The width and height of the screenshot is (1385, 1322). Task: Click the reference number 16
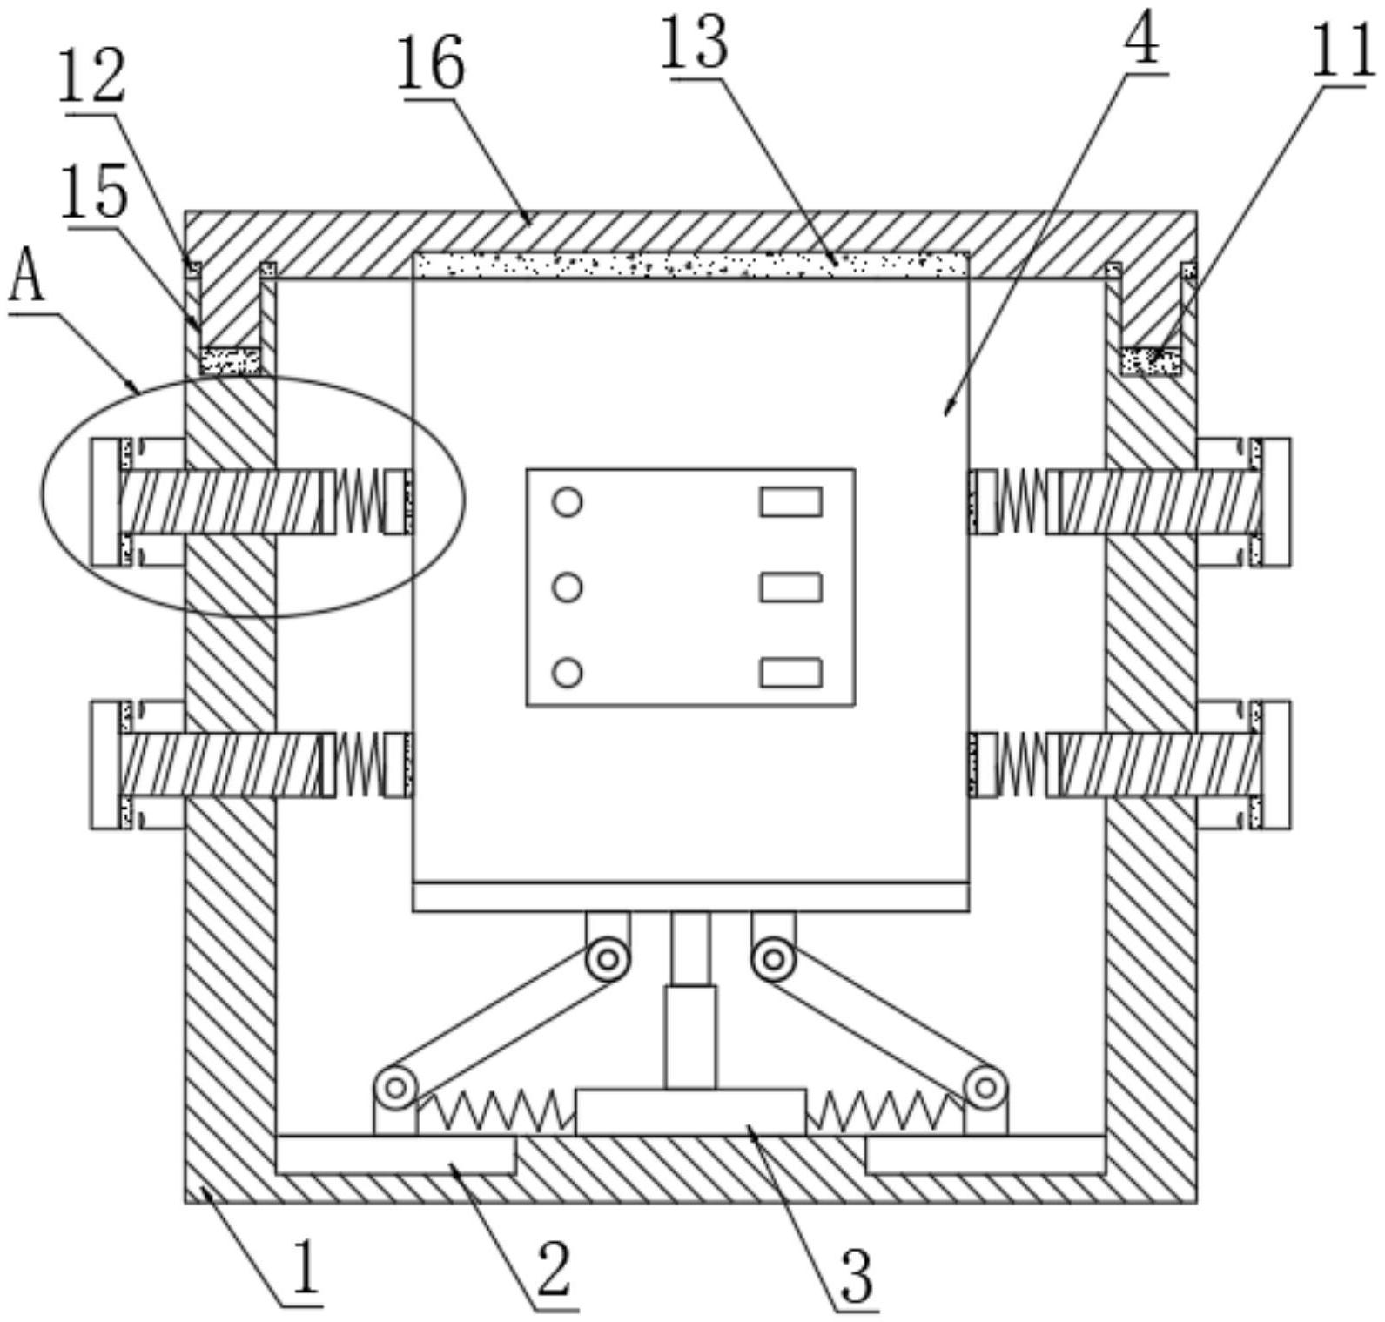coord(431,64)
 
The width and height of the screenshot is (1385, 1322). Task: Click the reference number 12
coord(93,79)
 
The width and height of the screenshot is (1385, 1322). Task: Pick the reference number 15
coord(95,192)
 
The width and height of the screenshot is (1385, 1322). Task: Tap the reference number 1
coord(304,1265)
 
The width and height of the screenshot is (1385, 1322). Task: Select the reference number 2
coord(554,1271)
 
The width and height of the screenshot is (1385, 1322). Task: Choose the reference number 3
coord(857,1276)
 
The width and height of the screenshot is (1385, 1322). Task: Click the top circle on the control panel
coord(568,502)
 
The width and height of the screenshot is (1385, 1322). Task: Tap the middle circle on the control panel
coord(568,587)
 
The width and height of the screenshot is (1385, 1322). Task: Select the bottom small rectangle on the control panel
coord(790,673)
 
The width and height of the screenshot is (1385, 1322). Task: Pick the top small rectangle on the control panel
coord(790,502)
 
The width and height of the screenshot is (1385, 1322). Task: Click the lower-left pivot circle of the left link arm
coord(396,1086)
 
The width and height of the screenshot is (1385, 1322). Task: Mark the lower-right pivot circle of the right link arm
coord(985,1086)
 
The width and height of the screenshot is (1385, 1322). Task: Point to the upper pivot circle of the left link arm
coord(608,959)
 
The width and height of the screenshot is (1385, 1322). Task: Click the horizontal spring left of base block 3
coord(496,1111)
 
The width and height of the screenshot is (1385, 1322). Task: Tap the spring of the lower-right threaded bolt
coord(1022,765)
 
